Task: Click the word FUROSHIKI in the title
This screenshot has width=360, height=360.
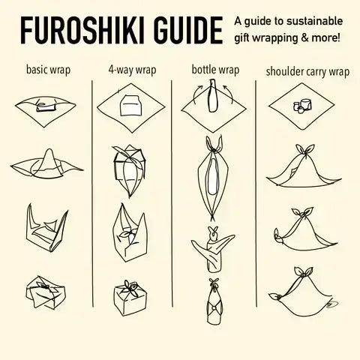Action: tap(82, 31)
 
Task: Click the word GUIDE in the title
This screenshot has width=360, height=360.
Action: tap(188, 31)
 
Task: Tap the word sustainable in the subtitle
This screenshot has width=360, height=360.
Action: tap(314, 21)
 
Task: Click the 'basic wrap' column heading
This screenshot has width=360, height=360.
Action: tap(48, 70)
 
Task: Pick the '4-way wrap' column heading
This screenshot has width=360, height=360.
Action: tap(132, 70)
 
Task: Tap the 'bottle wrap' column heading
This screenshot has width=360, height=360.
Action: tap(215, 70)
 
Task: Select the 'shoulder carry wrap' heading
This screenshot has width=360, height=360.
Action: tap(307, 72)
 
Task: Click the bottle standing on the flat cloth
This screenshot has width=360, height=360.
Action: tap(212, 95)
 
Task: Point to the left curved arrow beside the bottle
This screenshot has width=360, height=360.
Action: tap(196, 93)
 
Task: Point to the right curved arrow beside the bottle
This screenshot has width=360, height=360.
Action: tap(229, 93)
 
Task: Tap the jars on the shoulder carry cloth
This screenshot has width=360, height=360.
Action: tap(302, 106)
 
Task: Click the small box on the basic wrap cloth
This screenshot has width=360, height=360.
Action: tap(45, 106)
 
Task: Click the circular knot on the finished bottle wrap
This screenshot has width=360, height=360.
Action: tap(213, 308)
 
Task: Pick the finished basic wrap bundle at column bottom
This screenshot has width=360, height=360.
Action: tap(45, 292)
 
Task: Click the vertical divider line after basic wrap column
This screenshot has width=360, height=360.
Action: tap(92, 193)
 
